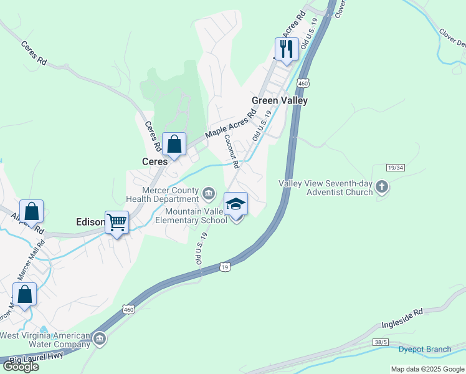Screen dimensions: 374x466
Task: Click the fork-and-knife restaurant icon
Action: [286, 49]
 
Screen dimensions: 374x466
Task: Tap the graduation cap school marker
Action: [235, 204]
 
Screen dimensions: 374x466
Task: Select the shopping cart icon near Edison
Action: [117, 223]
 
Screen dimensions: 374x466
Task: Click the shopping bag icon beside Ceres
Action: [174, 144]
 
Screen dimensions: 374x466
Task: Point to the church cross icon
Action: [383, 187]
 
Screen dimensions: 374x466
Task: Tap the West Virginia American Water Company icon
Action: [100, 340]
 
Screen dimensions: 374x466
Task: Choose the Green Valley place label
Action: [280, 100]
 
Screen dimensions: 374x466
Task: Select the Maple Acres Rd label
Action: [231, 123]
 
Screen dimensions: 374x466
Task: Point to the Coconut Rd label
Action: [232, 152]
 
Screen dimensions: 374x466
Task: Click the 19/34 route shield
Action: [396, 168]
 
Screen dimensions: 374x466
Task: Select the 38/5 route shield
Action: [382, 342]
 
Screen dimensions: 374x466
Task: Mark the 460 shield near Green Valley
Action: [303, 83]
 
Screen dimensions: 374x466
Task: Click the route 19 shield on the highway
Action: [225, 267]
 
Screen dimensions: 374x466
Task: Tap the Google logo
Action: [20, 367]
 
